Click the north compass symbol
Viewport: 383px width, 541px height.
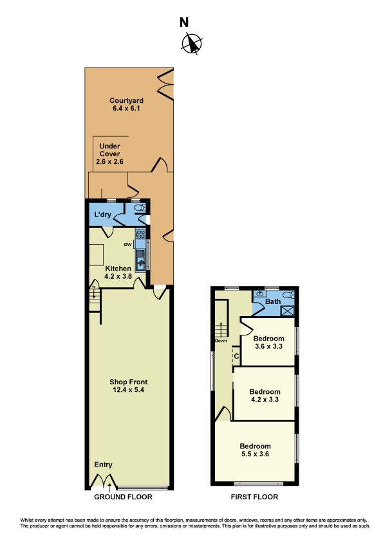(x=192, y=44)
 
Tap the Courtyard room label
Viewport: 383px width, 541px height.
(x=127, y=101)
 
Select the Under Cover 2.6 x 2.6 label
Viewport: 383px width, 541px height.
(x=109, y=154)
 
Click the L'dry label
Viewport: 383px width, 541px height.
(x=102, y=215)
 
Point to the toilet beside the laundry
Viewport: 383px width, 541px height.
(x=141, y=208)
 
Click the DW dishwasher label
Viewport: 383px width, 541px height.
(x=128, y=245)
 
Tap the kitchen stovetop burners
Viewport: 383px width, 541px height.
(x=141, y=234)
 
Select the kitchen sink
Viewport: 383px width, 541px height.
(x=141, y=262)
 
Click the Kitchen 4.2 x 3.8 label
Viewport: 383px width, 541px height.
(x=118, y=272)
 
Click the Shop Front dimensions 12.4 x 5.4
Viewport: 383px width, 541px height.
(x=128, y=390)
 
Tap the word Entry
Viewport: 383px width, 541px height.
(x=103, y=465)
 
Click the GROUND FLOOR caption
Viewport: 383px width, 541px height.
(x=123, y=497)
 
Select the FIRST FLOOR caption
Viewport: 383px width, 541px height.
(x=254, y=497)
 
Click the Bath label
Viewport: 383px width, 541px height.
(x=273, y=301)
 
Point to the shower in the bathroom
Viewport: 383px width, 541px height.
(x=287, y=310)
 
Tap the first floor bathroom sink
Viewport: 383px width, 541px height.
(x=261, y=294)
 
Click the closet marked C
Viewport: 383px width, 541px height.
(x=236, y=356)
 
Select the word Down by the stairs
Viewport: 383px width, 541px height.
(x=221, y=341)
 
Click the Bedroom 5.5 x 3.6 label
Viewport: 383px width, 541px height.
(x=255, y=450)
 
